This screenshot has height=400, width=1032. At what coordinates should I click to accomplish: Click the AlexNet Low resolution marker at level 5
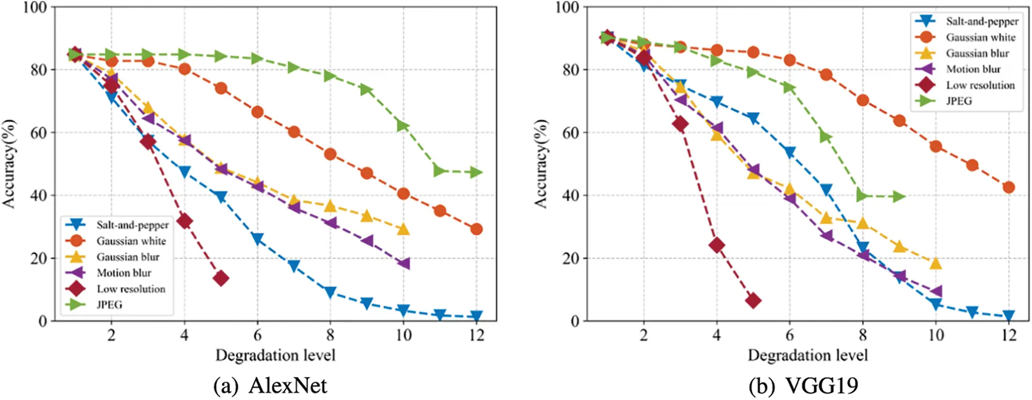221,278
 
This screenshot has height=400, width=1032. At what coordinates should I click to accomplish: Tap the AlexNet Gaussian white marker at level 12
476,229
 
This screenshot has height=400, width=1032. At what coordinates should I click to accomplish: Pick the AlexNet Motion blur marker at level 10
403,263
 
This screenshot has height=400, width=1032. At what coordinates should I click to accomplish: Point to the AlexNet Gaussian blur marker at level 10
403,229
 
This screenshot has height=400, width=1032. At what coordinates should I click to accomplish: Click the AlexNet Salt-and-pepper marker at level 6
257,239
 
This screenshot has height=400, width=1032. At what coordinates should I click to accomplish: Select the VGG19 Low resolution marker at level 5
753,300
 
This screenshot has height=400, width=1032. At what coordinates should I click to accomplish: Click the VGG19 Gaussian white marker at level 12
1008,187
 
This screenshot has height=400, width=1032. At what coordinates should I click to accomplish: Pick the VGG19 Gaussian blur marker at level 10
936,263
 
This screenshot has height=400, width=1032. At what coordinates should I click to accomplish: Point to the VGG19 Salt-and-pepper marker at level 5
753,118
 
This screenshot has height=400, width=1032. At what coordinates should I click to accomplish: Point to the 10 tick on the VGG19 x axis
936,336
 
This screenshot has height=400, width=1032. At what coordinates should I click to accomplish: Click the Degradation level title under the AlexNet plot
275,356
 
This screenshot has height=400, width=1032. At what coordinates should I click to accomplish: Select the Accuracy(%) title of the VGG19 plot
541,163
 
